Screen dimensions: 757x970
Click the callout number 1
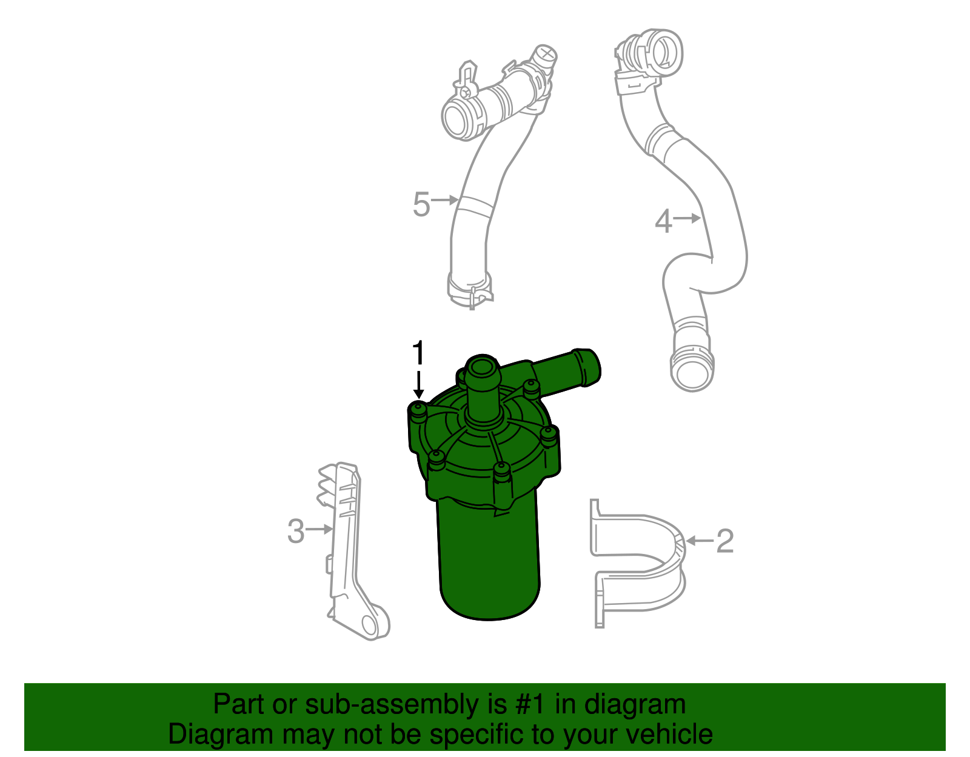pyautogui.click(x=418, y=353)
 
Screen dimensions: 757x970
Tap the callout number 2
pyautogui.click(x=724, y=541)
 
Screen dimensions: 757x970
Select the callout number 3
pyautogui.click(x=296, y=531)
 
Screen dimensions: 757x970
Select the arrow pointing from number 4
pyautogui.click(x=687, y=218)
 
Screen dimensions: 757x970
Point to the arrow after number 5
pyautogui.click(x=446, y=199)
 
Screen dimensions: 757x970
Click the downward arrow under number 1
pyautogui.click(x=418, y=385)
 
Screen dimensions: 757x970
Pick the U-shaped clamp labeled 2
pyautogui.click(x=643, y=564)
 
